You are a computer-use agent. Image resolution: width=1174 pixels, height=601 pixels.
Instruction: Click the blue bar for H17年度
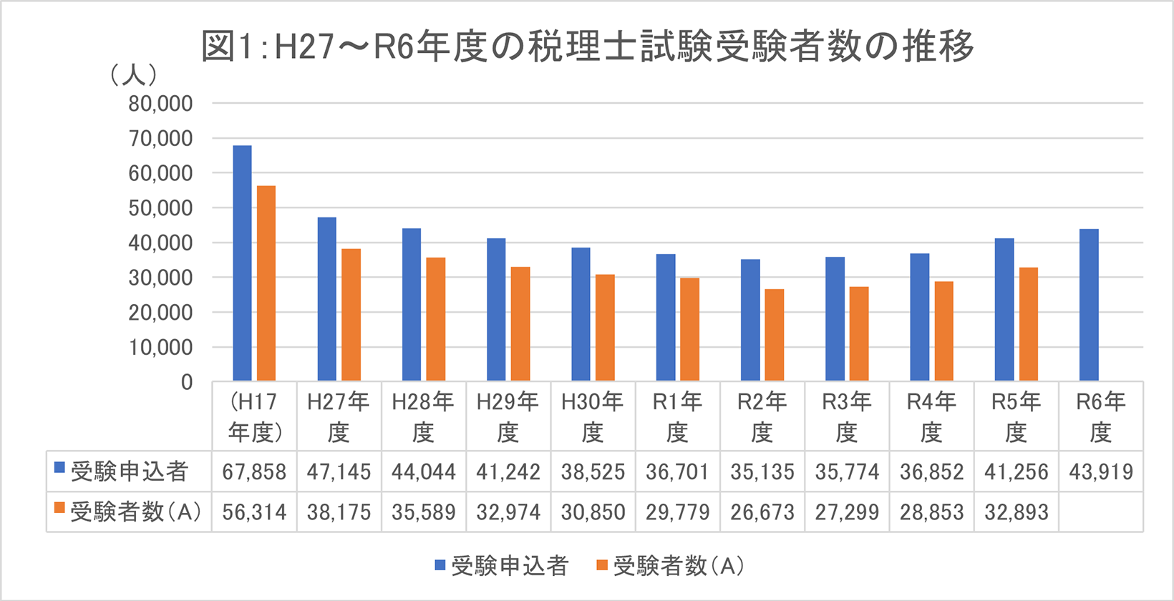click(x=242, y=263)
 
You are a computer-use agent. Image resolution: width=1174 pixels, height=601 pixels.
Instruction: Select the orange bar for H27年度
click(x=351, y=315)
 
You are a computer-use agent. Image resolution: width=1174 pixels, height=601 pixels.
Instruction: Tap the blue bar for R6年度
click(x=1089, y=305)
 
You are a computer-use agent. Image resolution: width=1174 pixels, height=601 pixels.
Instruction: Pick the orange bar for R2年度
click(x=774, y=335)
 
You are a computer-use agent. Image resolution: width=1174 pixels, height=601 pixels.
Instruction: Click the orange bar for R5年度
click(x=1028, y=324)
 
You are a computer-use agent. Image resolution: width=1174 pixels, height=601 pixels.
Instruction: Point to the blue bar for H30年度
click(x=581, y=314)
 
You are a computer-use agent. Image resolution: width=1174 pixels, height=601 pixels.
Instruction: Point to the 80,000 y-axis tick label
click(x=160, y=104)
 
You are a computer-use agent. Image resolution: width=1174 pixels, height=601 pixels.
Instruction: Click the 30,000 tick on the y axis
click(x=160, y=278)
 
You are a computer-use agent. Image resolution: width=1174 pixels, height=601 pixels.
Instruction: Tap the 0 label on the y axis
click(x=187, y=383)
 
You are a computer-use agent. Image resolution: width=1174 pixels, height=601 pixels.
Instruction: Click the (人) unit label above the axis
click(x=134, y=74)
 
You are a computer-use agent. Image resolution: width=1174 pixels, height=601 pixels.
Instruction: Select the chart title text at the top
click(x=587, y=47)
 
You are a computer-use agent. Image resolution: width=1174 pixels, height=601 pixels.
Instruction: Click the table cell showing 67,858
click(x=254, y=472)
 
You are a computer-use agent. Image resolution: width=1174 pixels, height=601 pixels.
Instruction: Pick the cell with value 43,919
click(x=1101, y=472)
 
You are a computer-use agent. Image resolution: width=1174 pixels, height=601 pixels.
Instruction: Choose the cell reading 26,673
click(x=762, y=512)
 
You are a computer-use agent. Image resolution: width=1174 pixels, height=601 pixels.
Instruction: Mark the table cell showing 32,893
click(x=1017, y=512)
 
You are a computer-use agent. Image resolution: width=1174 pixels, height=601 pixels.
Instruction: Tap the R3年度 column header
click(x=847, y=416)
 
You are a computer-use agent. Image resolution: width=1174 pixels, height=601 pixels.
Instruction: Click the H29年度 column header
click(x=508, y=416)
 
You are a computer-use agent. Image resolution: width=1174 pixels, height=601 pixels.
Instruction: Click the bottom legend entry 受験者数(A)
click(x=679, y=566)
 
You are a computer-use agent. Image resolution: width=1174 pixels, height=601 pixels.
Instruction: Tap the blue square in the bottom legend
click(x=440, y=565)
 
